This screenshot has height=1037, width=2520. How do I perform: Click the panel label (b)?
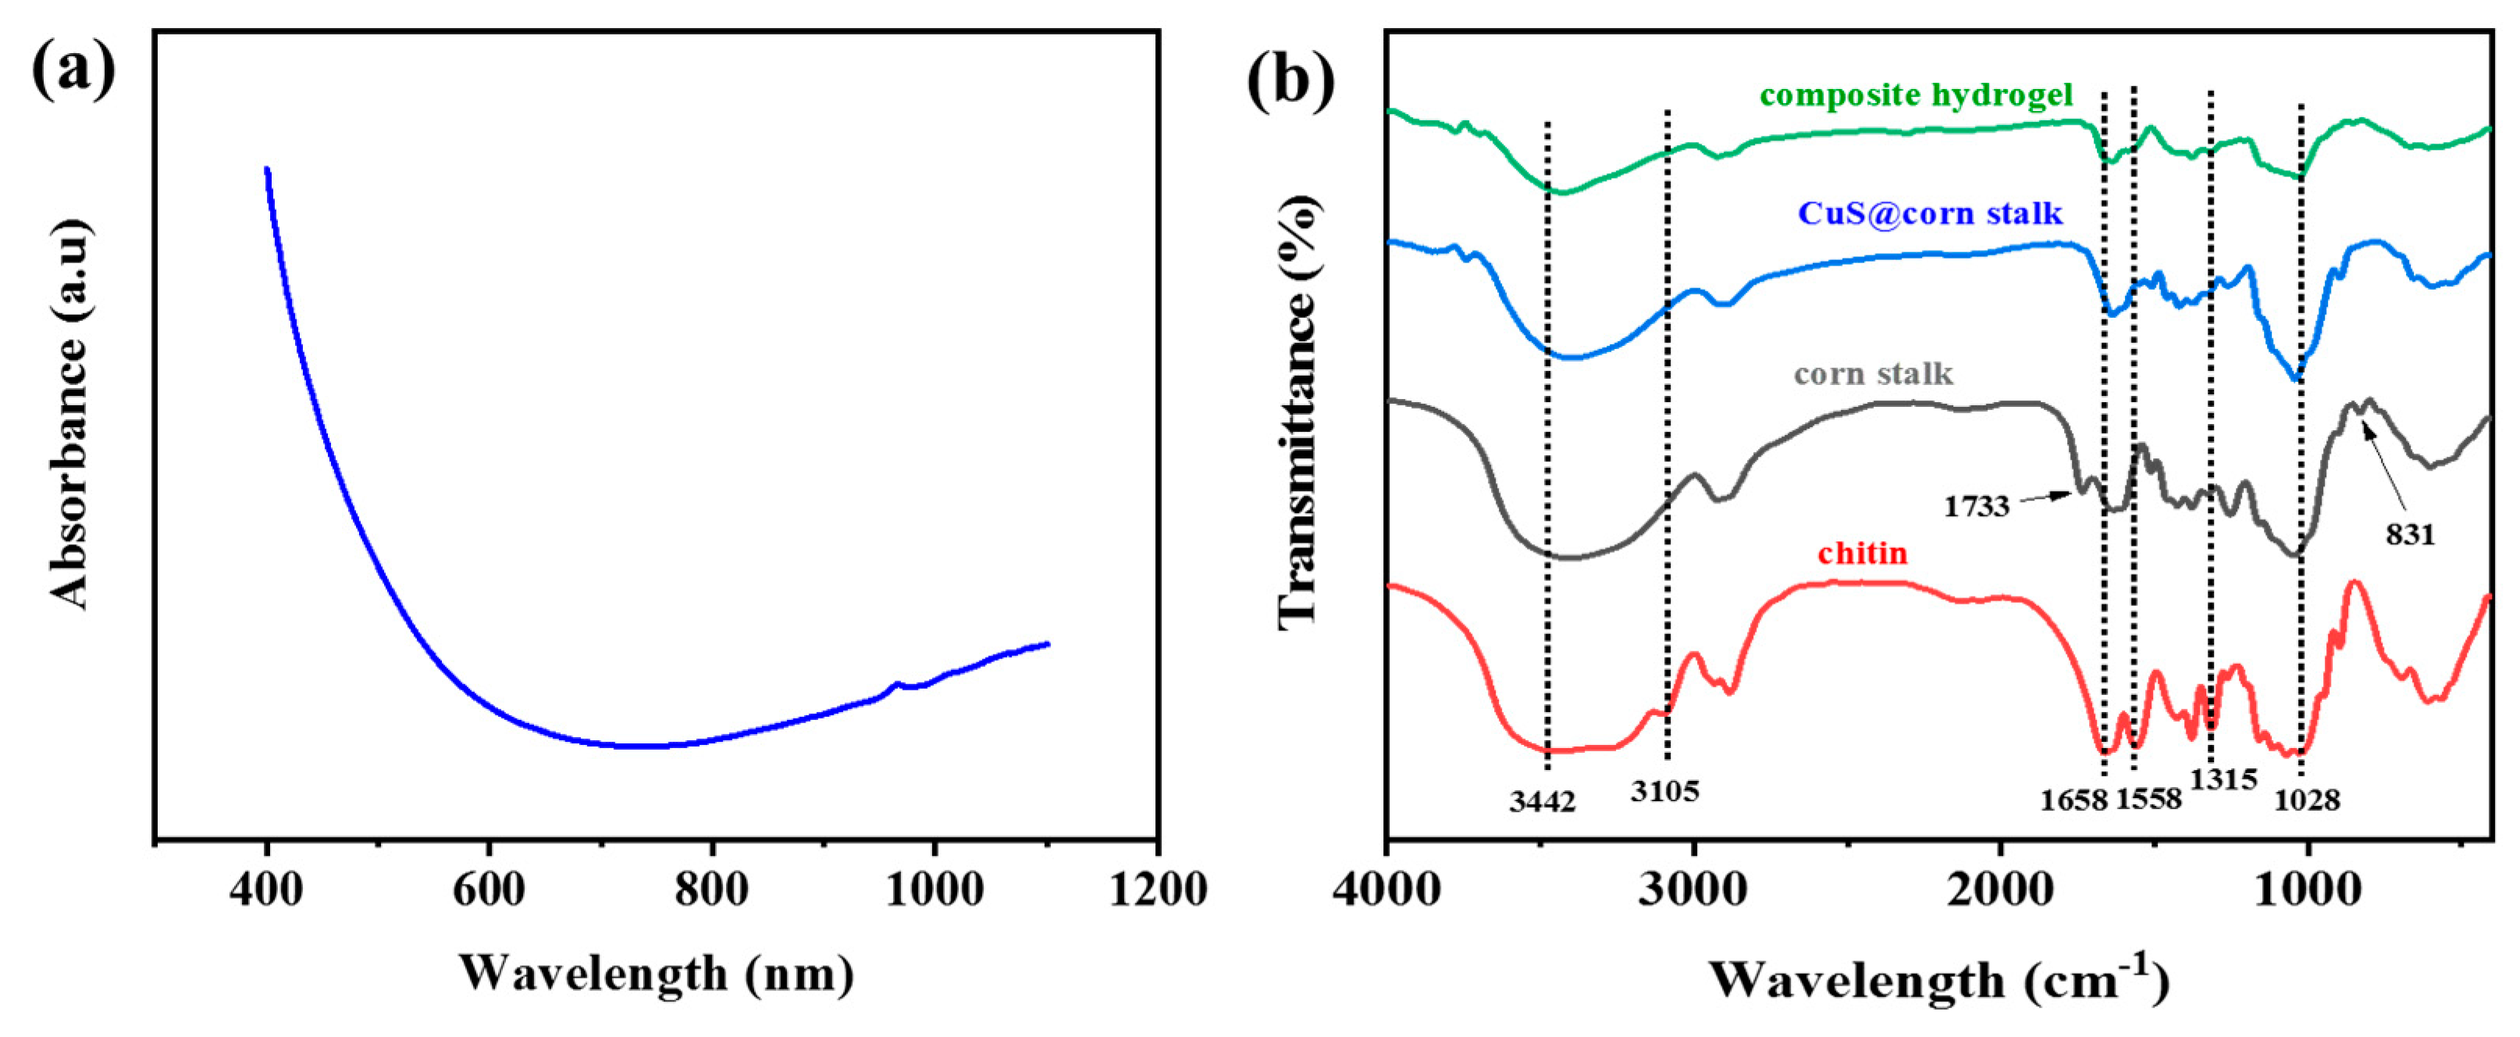tap(1290, 78)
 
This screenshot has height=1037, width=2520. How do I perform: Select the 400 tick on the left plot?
tap(266, 890)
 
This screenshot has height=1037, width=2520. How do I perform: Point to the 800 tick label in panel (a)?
tap(711, 890)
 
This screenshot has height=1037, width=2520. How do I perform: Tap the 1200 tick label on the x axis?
tap(1157, 890)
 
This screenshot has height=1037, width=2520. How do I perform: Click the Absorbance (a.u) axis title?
tap(69, 411)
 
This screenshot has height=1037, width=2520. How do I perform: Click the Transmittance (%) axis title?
tap(1299, 411)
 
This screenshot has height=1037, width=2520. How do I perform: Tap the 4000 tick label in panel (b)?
tap(1387, 890)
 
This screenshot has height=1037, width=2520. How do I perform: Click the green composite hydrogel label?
tap(1916, 95)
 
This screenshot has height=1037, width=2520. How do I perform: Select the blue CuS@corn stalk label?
tap(1930, 213)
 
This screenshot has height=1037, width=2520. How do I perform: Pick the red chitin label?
tap(1863, 554)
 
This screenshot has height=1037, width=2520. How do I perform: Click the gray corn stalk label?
tap(1874, 374)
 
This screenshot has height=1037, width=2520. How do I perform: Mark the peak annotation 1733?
tap(1976, 506)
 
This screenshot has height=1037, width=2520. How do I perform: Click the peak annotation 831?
tap(2409, 534)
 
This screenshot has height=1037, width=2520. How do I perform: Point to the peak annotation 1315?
tap(2223, 780)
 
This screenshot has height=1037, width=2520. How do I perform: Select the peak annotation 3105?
tap(1664, 790)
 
